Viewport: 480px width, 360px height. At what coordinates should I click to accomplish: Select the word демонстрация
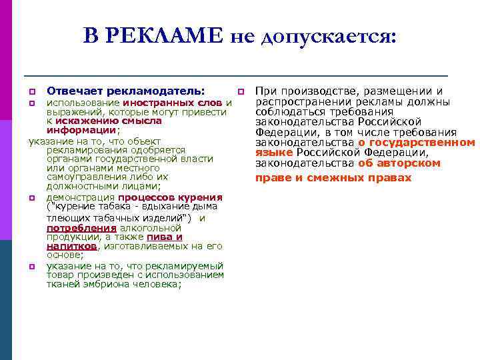pos(80,197)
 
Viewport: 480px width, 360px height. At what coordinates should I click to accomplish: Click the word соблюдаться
pos(291,112)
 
